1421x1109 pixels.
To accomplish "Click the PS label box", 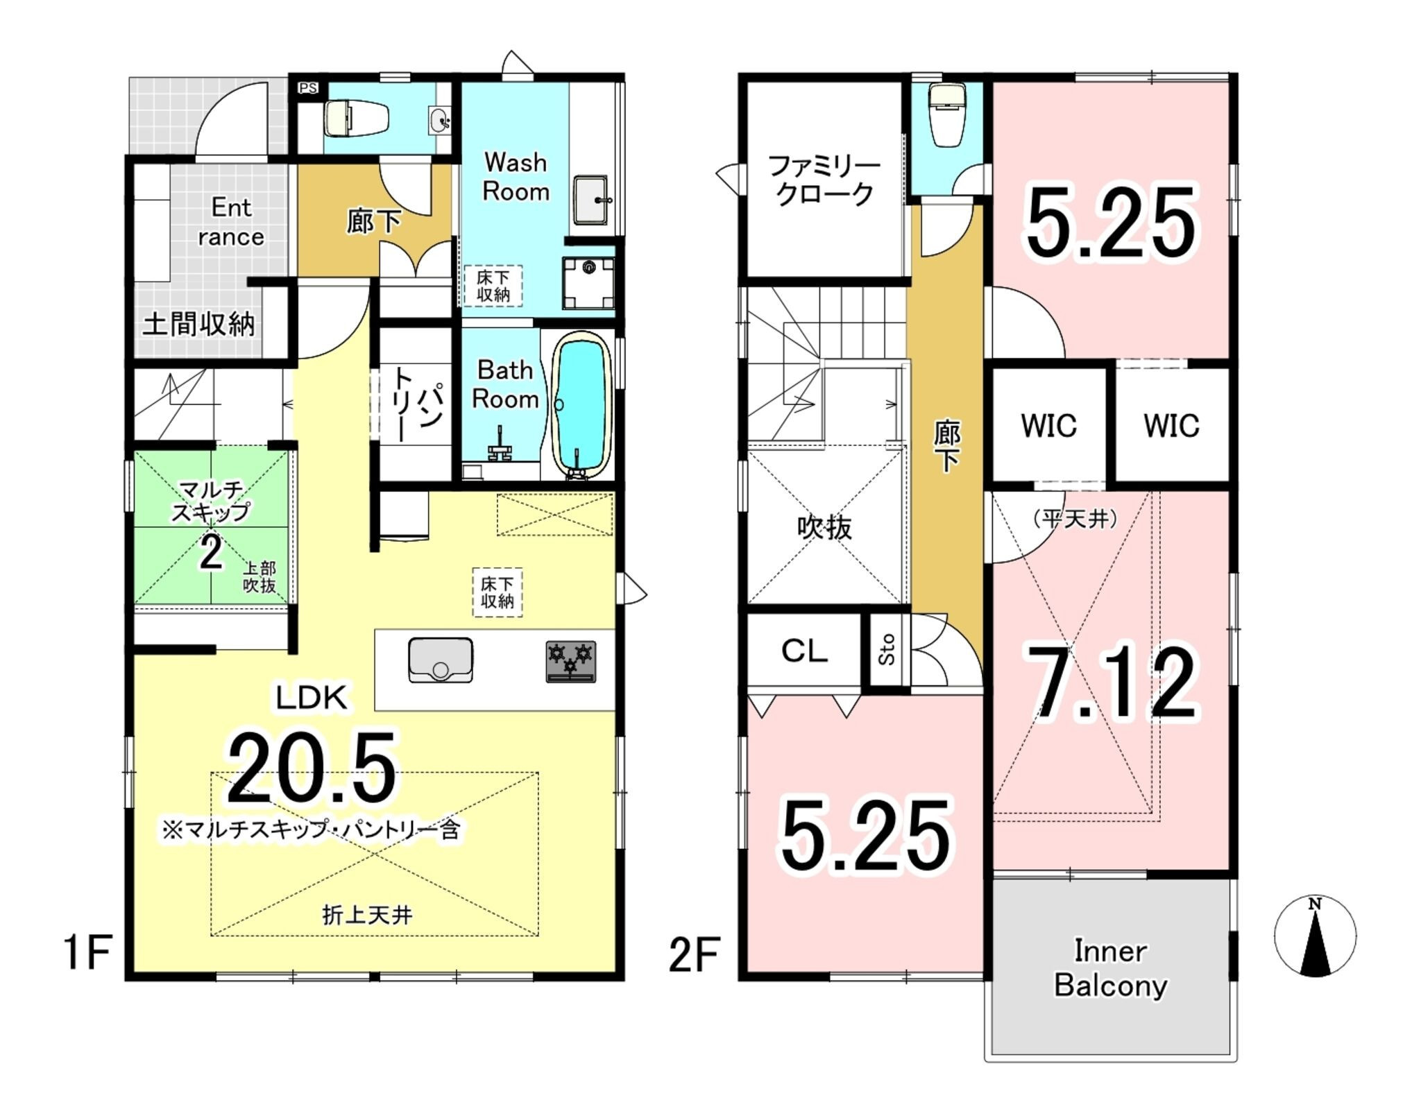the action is (307, 88).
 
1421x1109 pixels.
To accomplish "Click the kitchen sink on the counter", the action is (441, 659).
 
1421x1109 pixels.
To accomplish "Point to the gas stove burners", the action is (570, 662).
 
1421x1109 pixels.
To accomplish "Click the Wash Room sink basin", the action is (591, 200).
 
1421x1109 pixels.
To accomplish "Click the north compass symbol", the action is (1315, 936).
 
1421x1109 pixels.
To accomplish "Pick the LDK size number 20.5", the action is (312, 768).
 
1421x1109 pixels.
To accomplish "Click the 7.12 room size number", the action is (1111, 684).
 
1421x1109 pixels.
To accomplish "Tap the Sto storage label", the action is (887, 650).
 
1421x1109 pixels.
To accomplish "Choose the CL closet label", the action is (804, 651).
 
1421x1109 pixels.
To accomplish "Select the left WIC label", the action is (1048, 425).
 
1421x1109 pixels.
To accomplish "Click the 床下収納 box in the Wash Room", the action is (493, 286).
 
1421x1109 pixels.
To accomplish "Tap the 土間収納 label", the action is (198, 324).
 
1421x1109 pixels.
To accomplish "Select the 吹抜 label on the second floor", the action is (824, 528).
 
